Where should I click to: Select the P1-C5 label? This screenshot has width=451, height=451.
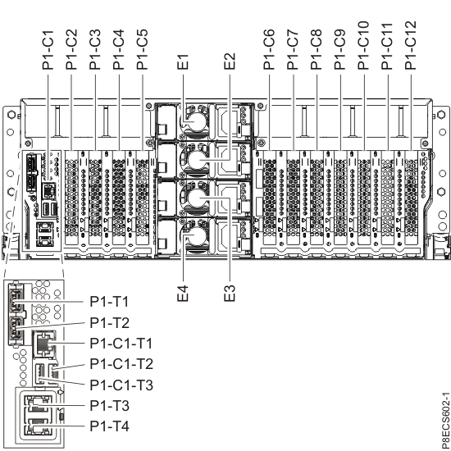pos(143,48)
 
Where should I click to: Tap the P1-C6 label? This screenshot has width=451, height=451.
pos(269,48)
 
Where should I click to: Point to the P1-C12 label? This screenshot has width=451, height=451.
pos(411,45)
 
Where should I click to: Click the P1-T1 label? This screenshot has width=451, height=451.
pos(109,302)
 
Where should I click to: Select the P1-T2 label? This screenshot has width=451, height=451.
pos(109,322)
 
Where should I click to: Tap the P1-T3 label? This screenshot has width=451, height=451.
pos(109,404)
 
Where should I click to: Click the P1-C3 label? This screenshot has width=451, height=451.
pos(95,48)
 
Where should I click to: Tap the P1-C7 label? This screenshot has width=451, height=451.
pos(293,48)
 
